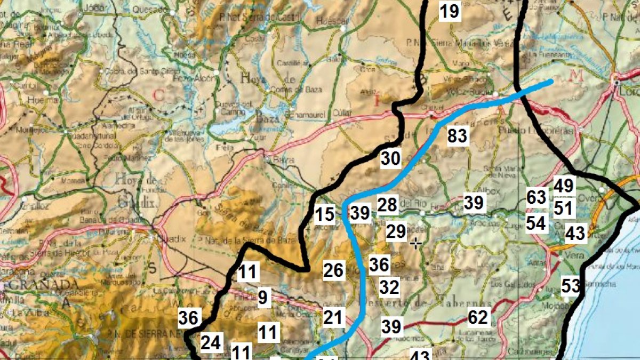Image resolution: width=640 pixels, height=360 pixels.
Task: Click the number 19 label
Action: click(450, 11)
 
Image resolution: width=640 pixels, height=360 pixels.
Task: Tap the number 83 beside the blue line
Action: click(457, 136)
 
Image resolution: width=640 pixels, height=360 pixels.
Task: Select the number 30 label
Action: click(390, 158)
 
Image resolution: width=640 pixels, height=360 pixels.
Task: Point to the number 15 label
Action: click(324, 214)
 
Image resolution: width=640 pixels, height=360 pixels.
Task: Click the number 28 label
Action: click(388, 204)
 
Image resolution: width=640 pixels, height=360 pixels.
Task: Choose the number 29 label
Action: click(396, 231)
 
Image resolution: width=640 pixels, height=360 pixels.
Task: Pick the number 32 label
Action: click(389, 287)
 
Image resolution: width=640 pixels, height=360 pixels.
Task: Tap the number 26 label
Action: click(333, 270)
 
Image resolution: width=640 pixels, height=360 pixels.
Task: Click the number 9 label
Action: click(262, 297)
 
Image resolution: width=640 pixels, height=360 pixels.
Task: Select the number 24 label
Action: click(211, 343)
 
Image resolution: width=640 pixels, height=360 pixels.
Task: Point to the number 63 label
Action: click(536, 197)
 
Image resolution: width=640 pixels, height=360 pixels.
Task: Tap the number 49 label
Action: click(563, 186)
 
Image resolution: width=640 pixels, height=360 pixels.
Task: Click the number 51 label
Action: click(563, 207)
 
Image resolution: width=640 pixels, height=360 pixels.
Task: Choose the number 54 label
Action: click(536, 223)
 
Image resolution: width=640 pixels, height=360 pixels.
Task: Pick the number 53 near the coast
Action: click(570, 286)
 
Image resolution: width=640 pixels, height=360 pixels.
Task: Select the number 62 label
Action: click(478, 318)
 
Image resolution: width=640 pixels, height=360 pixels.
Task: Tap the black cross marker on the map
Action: click(416, 243)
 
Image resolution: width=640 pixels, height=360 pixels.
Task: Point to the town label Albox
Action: click(492, 191)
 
